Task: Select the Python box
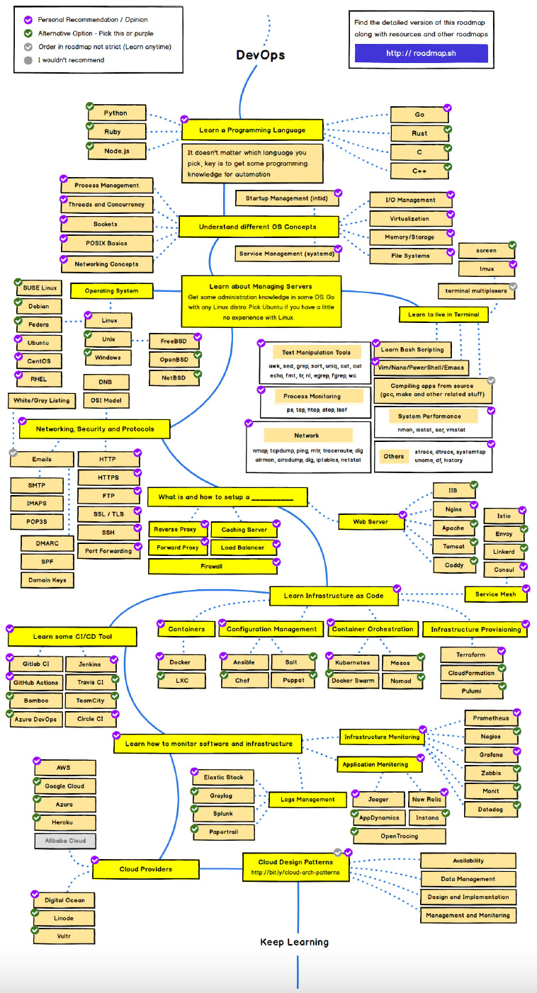pyautogui.click(x=116, y=113)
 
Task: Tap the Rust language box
pyautogui.click(x=419, y=133)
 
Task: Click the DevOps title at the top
pyautogui.click(x=260, y=55)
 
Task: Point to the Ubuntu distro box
pyautogui.click(x=38, y=343)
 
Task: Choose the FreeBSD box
pyautogui.click(x=174, y=341)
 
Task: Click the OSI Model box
pyautogui.click(x=106, y=401)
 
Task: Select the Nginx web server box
pyautogui.click(x=454, y=509)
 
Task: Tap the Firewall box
pyautogui.click(x=211, y=567)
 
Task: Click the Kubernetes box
pyautogui.click(x=352, y=663)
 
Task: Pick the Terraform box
pyautogui.click(x=472, y=655)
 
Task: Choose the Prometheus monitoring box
pyautogui.click(x=492, y=718)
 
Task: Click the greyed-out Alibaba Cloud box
pyautogui.click(x=64, y=841)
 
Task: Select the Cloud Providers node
pyautogui.click(x=145, y=869)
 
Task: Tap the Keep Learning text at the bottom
pyautogui.click(x=294, y=942)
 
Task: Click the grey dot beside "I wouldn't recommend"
pyautogui.click(x=28, y=60)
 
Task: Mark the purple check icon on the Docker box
pyautogui.click(x=160, y=655)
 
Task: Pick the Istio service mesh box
pyautogui.click(x=503, y=516)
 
